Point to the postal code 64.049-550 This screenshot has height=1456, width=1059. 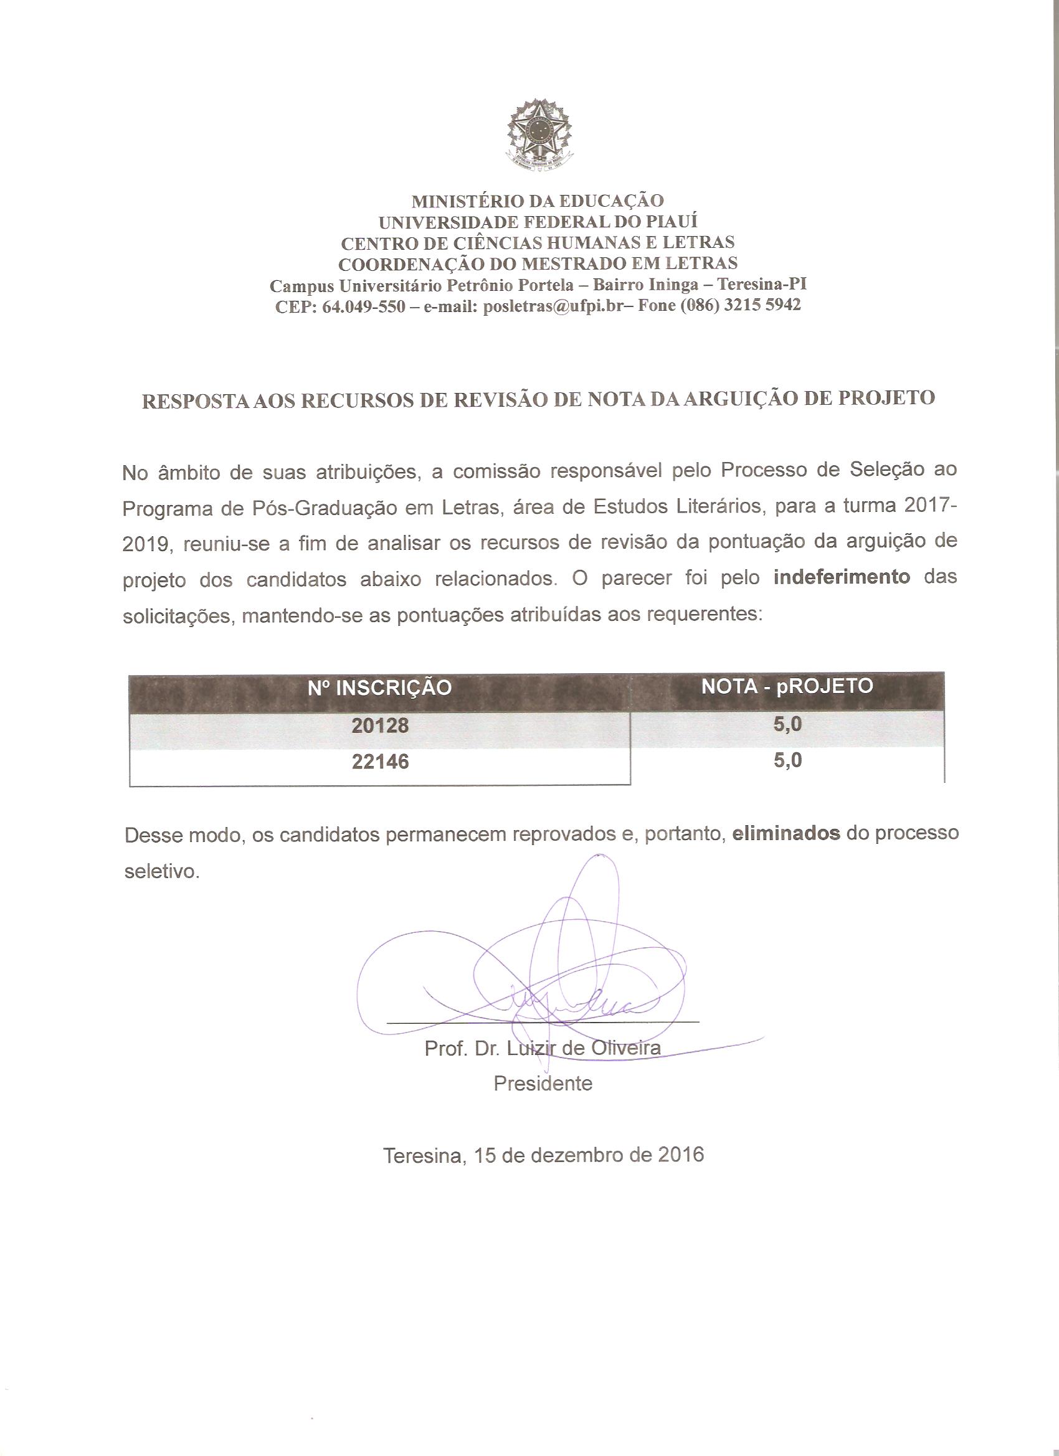pos(364,306)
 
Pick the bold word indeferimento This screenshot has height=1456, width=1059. pos(842,577)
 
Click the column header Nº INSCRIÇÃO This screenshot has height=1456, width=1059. pos(379,688)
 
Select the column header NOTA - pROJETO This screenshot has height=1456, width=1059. pos(787,686)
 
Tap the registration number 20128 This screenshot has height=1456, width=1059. pos(380,726)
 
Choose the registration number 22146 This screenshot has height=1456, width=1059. pos(380,762)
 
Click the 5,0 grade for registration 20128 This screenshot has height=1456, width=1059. pos(787,724)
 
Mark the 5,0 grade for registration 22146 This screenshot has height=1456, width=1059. pos(787,761)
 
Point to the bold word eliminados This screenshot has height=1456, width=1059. pos(786,833)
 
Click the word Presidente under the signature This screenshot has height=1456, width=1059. pos(543,1083)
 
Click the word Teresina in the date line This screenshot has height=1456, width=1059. pos(424,1156)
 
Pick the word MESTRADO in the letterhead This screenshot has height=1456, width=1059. pos(579,263)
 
